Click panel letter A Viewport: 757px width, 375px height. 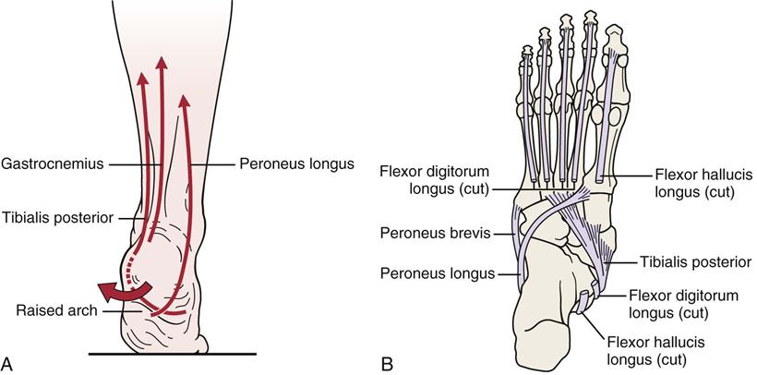click(9, 362)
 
